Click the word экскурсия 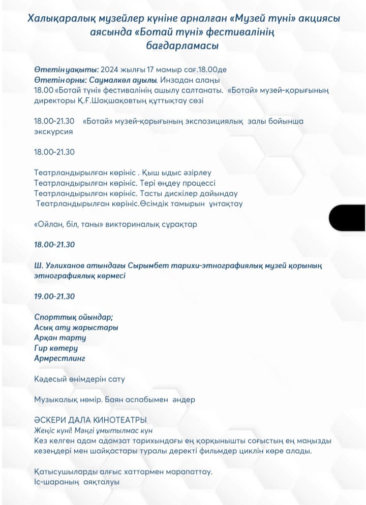(x=53, y=131)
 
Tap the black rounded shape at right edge (x=347, y=218)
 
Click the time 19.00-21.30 (x=54, y=296)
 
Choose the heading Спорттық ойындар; (x=74, y=317)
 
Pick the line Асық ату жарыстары (x=76, y=327)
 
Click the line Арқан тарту (x=60, y=338)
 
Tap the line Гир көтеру (x=56, y=348)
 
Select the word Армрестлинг (x=59, y=358)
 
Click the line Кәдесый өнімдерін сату (x=79, y=379)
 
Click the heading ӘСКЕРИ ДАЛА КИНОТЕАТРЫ (x=90, y=420)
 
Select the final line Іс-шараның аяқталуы (x=77, y=482)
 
